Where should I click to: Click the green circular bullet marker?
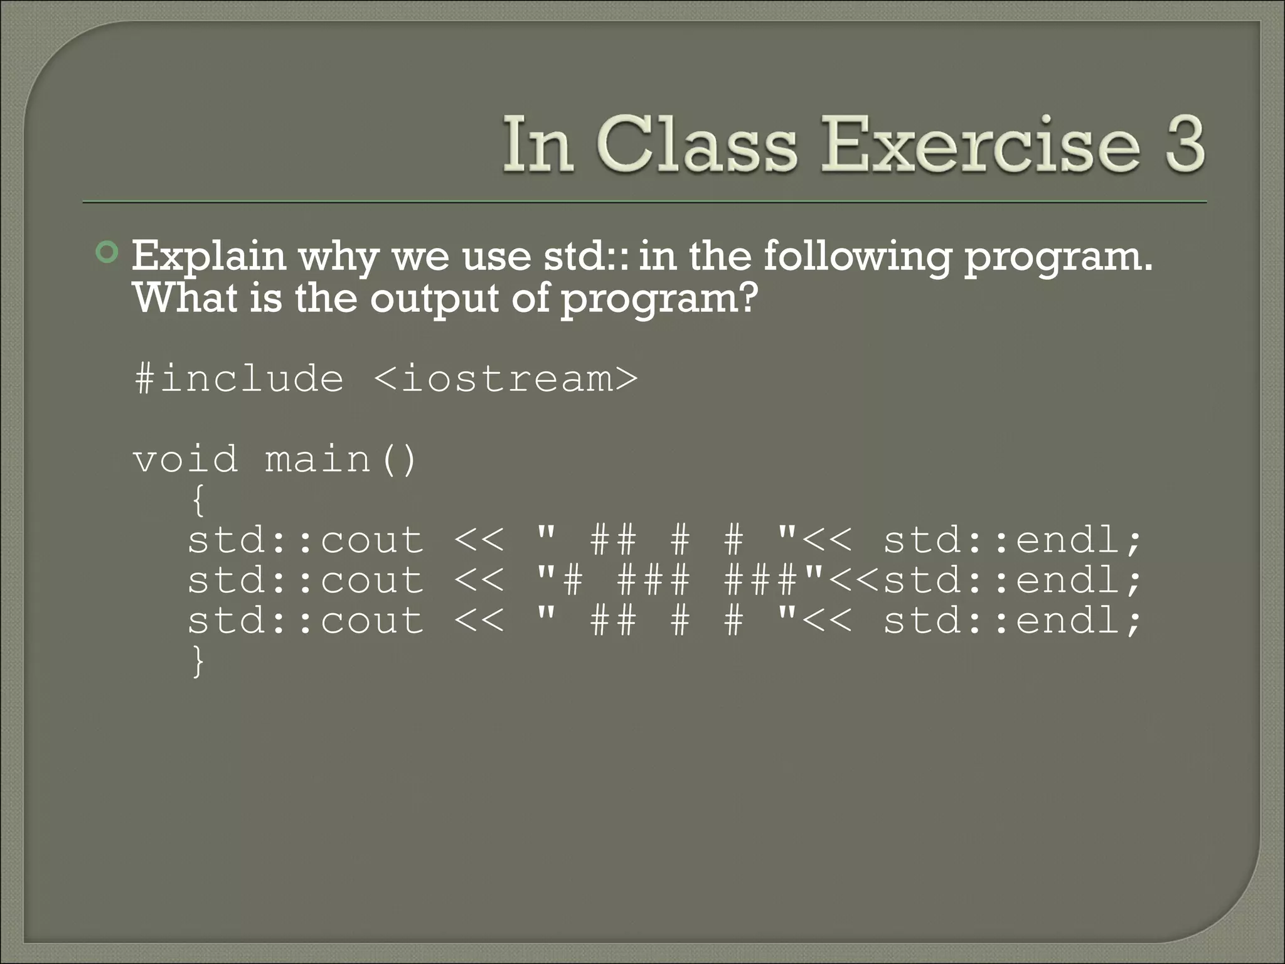pyautogui.click(x=107, y=253)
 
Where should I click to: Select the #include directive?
pyautogui.click(x=239, y=378)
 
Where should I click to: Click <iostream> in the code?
pyautogui.click(x=506, y=378)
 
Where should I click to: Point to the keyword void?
pyautogui.click(x=186, y=459)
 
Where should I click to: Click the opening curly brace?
pyautogui.click(x=198, y=501)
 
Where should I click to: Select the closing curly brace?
pyautogui.click(x=198, y=661)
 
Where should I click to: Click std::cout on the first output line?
pyautogui.click(x=306, y=540)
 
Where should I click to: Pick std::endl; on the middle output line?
pyautogui.click(x=1012, y=580)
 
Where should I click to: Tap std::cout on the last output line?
pyautogui.click(x=306, y=621)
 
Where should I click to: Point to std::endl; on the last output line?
pyautogui.click(x=1012, y=621)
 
